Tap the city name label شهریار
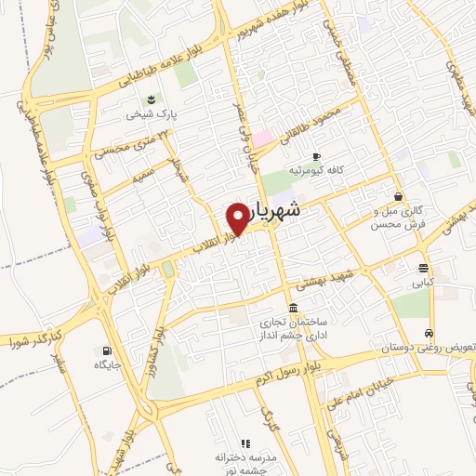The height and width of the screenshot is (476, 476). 289,211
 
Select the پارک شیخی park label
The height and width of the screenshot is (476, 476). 152,116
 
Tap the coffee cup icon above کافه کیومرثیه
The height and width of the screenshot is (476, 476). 316,156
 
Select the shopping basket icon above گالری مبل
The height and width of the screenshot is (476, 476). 399,196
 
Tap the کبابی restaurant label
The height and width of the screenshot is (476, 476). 423,282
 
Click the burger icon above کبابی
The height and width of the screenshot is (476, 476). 423,268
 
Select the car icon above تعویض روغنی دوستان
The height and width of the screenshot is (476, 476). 428,332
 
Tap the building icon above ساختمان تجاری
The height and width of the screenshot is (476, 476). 294,308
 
